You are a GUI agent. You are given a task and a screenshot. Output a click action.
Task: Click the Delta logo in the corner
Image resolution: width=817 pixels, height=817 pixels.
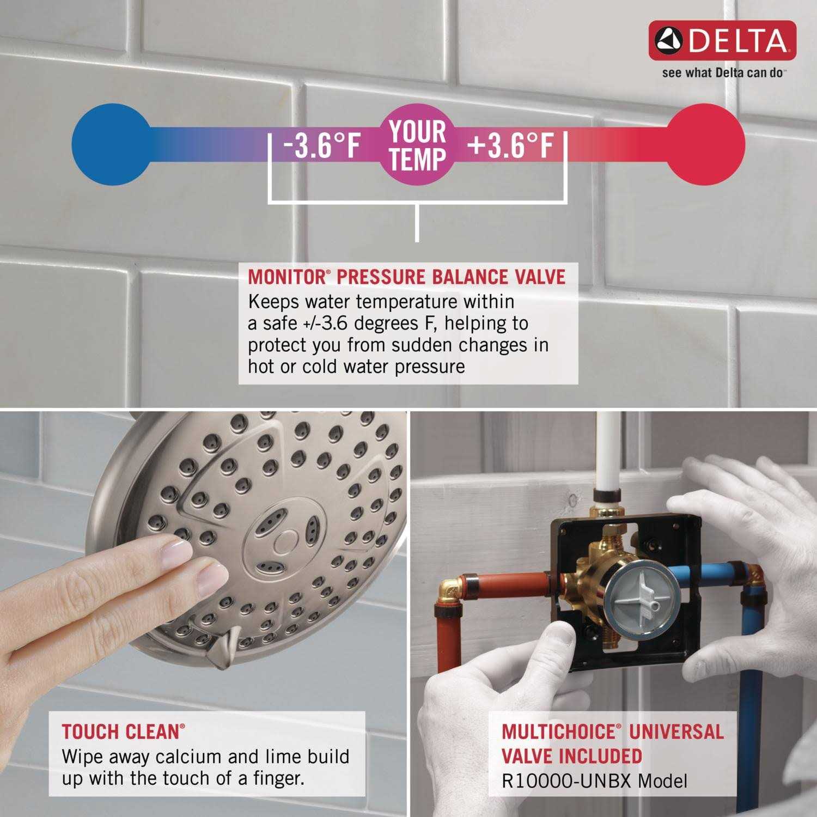(722, 40)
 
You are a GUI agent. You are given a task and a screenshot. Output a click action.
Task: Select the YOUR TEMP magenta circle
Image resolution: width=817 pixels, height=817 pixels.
(417, 144)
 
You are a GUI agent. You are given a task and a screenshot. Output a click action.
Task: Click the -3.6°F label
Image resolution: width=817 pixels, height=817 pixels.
(322, 145)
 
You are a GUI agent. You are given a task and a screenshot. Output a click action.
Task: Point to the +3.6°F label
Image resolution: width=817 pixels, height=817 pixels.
(510, 145)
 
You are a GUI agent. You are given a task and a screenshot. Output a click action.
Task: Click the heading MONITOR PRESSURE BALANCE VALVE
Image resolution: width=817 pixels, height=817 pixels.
(406, 277)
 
